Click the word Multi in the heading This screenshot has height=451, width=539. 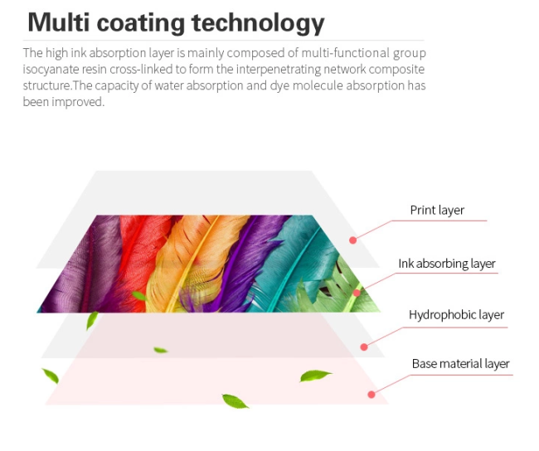(59, 22)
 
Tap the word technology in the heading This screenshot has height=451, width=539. (258, 23)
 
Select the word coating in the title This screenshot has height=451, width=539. (141, 24)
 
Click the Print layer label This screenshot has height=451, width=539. (437, 210)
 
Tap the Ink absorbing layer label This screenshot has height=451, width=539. (447, 264)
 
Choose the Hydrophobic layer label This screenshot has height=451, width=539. (456, 315)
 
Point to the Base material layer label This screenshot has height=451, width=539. (460, 364)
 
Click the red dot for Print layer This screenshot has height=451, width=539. (352, 240)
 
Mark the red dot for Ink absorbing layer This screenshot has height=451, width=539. (357, 293)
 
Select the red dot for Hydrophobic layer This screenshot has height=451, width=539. (364, 347)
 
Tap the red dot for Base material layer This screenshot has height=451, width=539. (371, 395)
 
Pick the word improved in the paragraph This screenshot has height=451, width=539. (78, 103)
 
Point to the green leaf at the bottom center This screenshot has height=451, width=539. (236, 401)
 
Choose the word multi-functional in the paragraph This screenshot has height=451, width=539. (346, 53)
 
